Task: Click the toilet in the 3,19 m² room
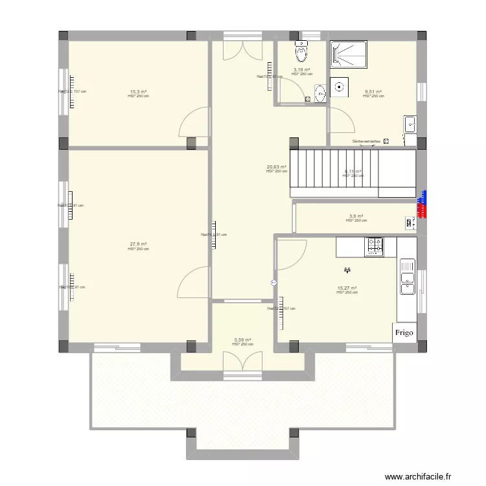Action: coord(301,50)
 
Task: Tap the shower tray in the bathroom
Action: coord(349,54)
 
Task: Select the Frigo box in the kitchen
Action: coord(404,332)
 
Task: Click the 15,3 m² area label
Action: coord(137,92)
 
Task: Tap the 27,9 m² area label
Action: coord(137,244)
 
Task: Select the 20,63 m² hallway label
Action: coord(276,167)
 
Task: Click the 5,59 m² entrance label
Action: coord(242,340)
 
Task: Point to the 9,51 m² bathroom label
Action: coord(373,92)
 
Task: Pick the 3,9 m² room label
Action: coord(356,216)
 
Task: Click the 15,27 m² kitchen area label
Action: coord(347,288)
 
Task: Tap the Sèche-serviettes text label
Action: coord(367,141)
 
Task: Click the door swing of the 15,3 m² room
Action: coord(196,123)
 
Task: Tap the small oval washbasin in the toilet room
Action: coord(321,93)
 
